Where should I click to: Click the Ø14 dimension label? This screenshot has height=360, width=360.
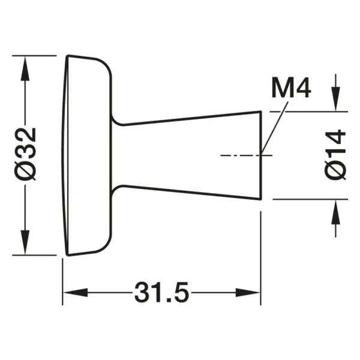coord(335,155)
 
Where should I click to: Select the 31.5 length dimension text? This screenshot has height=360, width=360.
coord(161,292)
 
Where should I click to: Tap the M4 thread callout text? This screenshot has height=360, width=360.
coord(292,88)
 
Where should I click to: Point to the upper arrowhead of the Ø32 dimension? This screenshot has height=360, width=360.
coord(25,68)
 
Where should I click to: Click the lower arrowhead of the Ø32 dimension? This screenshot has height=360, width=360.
coord(25,242)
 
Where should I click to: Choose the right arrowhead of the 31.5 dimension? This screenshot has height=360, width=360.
coord(248,292)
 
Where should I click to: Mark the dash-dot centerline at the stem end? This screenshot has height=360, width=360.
coord(247,155)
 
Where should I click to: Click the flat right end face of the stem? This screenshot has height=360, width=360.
coord(261,155)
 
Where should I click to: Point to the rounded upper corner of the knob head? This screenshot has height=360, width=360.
coord(106,65)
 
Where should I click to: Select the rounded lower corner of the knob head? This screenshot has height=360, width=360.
coord(106,245)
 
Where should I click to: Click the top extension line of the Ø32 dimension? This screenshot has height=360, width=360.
coord(34,56)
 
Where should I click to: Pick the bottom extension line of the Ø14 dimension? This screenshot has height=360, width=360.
coord(310,199)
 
